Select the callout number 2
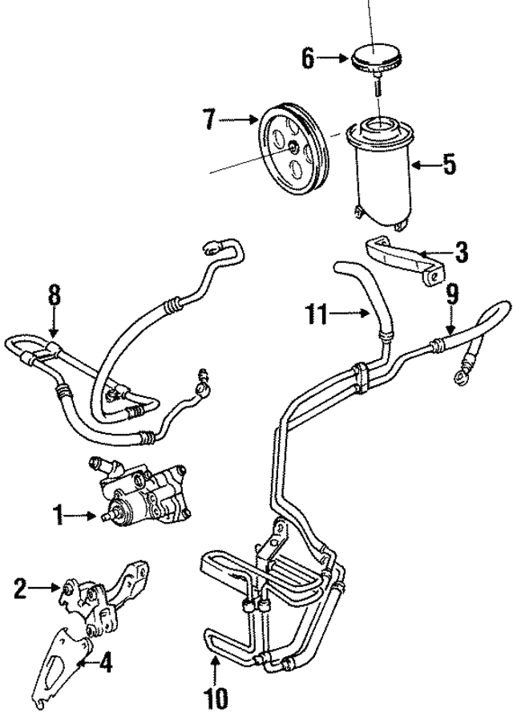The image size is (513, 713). pos(21,591)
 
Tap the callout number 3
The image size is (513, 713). pos(461,255)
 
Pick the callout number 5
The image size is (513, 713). pos(449,166)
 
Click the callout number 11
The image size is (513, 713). pos(319,314)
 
